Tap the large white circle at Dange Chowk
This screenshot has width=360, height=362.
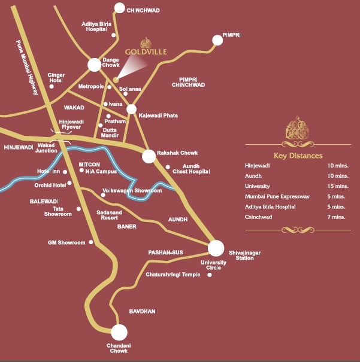click(94, 65)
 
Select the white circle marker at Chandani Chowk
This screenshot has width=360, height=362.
click(119, 332)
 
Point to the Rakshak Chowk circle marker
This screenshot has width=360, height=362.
click(149, 156)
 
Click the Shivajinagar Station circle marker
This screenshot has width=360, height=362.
click(216, 248)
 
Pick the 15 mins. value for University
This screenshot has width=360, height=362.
click(338, 186)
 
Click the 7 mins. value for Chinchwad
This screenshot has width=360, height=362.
click(338, 217)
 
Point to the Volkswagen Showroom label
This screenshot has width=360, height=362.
click(132, 190)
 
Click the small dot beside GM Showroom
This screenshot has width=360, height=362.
click(91, 242)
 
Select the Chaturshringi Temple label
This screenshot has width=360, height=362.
click(174, 275)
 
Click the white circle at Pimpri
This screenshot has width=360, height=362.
click(217, 40)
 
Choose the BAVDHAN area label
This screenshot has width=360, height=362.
click(142, 312)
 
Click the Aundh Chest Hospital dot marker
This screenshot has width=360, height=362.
click(168, 167)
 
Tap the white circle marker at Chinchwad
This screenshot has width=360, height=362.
click(119, 8)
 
